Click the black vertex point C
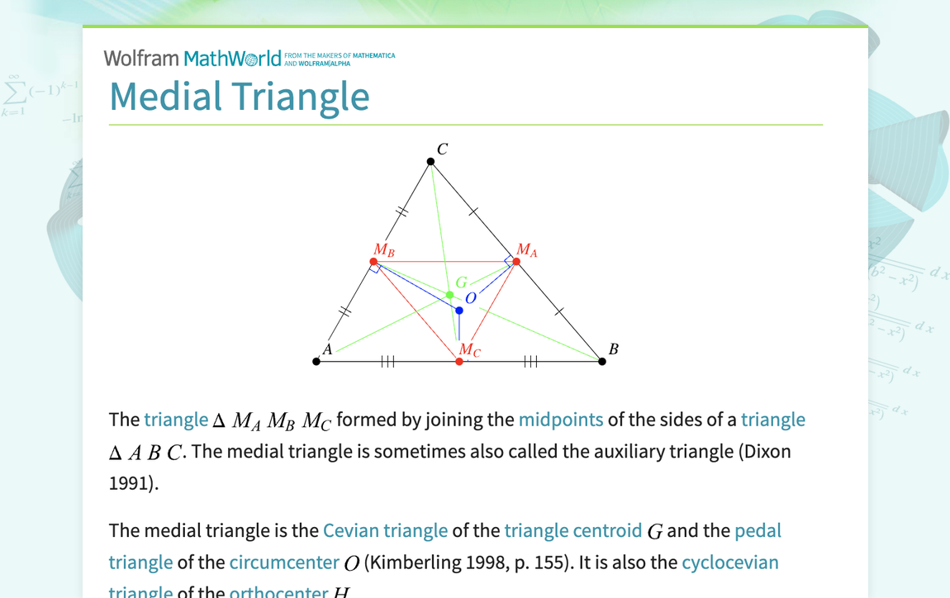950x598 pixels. (x=430, y=162)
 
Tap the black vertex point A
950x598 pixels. (x=316, y=361)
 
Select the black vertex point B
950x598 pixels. (x=602, y=361)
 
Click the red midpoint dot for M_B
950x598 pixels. (x=373, y=262)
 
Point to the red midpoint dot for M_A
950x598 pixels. (x=516, y=262)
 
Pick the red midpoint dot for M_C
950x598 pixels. (x=459, y=361)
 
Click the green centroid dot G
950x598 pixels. (x=449, y=295)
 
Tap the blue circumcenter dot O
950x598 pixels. (x=459, y=311)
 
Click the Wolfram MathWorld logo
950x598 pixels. (x=192, y=58)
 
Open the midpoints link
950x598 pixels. (x=560, y=420)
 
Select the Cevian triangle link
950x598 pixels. (x=385, y=530)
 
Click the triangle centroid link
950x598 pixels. (x=572, y=530)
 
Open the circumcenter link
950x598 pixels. (x=284, y=562)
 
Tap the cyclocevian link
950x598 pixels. (x=729, y=562)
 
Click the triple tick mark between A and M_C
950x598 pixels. (x=387, y=361)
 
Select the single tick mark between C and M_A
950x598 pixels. (x=473, y=212)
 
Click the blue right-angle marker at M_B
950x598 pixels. (x=375, y=268)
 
